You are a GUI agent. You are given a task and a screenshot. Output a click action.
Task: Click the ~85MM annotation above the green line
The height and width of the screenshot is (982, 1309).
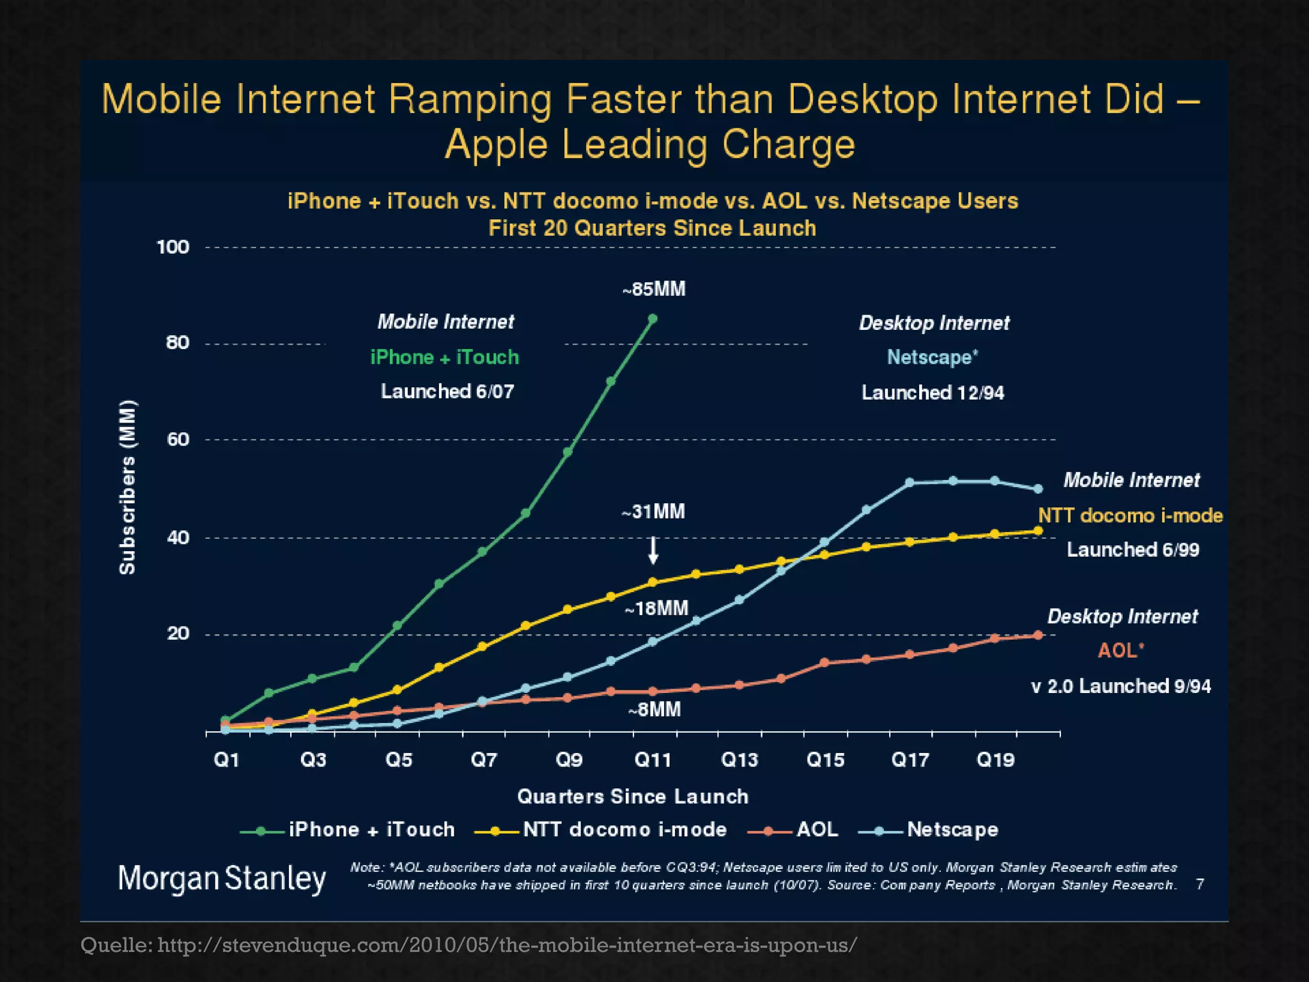pyautogui.click(x=654, y=289)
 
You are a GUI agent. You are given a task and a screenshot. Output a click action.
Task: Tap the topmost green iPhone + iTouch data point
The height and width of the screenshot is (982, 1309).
pyautogui.click(x=653, y=318)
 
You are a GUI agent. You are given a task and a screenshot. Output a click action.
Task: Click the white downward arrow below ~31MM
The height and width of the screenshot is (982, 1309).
pyautogui.click(x=653, y=550)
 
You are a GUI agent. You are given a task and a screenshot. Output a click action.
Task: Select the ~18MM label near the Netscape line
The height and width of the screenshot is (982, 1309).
pyautogui.click(x=656, y=608)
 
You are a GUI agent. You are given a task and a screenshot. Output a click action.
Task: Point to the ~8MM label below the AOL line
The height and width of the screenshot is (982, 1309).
pyautogui.click(x=654, y=710)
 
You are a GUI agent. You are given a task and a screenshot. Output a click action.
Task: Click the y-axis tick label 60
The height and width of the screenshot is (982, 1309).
pyautogui.click(x=178, y=439)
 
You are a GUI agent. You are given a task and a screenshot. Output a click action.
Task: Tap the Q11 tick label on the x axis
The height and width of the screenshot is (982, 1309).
pyautogui.click(x=653, y=760)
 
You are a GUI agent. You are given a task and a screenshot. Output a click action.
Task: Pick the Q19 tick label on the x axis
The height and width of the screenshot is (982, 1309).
pyautogui.click(x=995, y=760)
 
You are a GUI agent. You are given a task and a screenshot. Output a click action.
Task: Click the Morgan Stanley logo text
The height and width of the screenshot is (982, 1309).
pyautogui.click(x=222, y=878)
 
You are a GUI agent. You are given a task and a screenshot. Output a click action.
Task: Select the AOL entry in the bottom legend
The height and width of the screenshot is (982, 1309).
pyautogui.click(x=817, y=829)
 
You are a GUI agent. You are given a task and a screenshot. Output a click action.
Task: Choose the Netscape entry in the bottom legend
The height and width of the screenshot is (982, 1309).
pyautogui.click(x=952, y=829)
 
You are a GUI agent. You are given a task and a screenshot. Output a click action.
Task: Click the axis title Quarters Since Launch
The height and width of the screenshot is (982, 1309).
pyautogui.click(x=632, y=796)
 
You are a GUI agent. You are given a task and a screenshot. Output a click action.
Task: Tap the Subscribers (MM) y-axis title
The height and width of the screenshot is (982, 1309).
pyautogui.click(x=128, y=487)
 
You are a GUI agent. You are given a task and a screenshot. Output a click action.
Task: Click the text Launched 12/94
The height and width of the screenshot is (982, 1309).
pyautogui.click(x=933, y=392)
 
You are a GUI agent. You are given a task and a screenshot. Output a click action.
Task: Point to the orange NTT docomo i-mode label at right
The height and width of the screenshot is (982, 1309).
pyautogui.click(x=1130, y=515)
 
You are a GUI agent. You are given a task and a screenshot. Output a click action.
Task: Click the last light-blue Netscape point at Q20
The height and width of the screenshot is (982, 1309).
pyautogui.click(x=1038, y=488)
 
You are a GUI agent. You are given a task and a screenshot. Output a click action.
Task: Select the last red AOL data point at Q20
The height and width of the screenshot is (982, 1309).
pyautogui.click(x=1038, y=635)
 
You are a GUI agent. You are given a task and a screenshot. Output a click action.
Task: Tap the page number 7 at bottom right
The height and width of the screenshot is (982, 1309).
pyautogui.click(x=1200, y=884)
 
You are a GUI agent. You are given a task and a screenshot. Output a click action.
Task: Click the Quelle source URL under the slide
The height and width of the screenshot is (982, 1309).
pyautogui.click(x=469, y=944)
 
